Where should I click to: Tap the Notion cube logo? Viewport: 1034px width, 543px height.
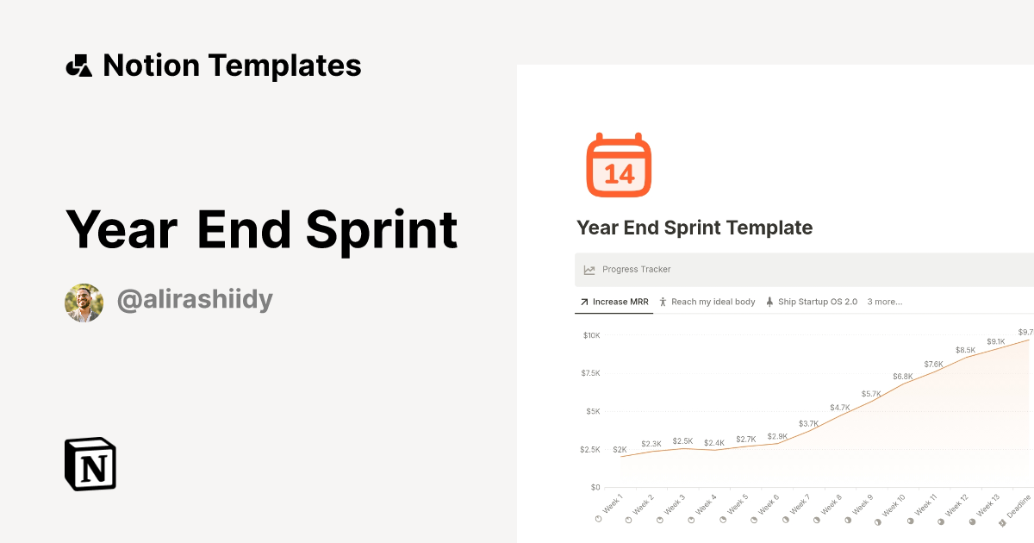point(90,464)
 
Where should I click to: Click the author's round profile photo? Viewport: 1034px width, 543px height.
point(84,303)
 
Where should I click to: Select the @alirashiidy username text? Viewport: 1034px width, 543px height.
point(195,301)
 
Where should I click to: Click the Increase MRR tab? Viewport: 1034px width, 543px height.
point(614,302)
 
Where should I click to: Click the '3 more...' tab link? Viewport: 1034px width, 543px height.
point(884,302)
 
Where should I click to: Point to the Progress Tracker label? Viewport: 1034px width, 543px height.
point(636,270)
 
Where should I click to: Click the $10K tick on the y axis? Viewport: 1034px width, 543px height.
point(590,335)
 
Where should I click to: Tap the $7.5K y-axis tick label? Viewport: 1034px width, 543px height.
point(590,373)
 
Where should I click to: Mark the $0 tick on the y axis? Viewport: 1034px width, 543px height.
point(595,487)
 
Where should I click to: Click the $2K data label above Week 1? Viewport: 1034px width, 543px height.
point(620,449)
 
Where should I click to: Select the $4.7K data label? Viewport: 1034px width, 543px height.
point(840,407)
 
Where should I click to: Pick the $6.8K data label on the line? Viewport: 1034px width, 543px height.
point(903,377)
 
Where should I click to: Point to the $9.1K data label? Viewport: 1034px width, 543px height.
point(996,341)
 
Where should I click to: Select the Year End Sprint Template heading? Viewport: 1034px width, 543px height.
point(695,228)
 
